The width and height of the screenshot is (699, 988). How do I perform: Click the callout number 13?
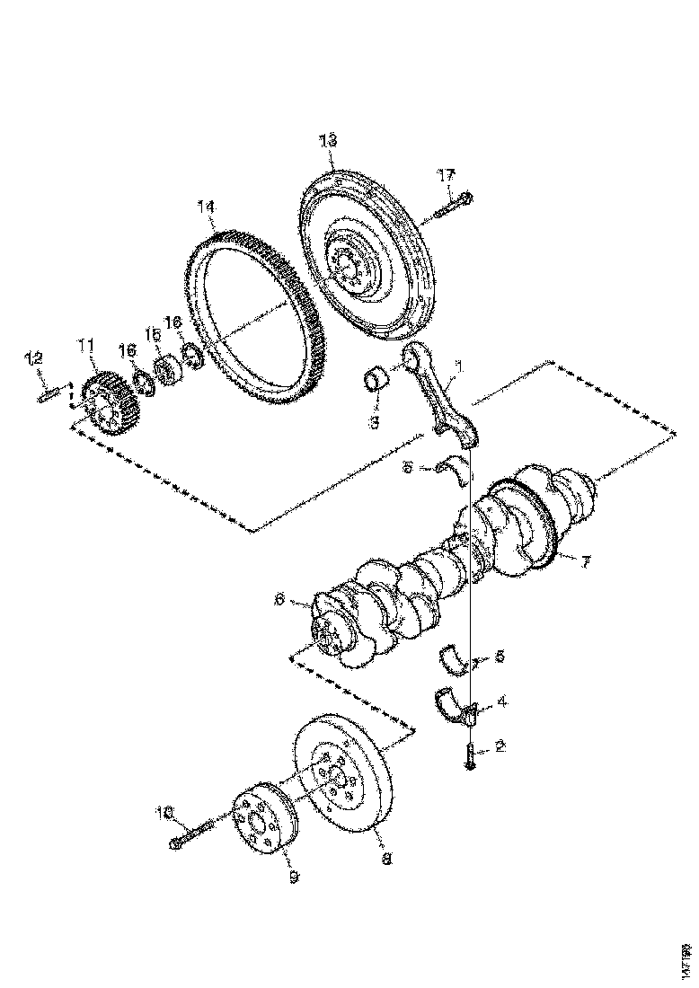(327, 139)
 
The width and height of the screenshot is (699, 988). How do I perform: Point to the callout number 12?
(33, 359)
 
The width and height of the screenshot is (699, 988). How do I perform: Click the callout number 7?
(584, 562)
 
